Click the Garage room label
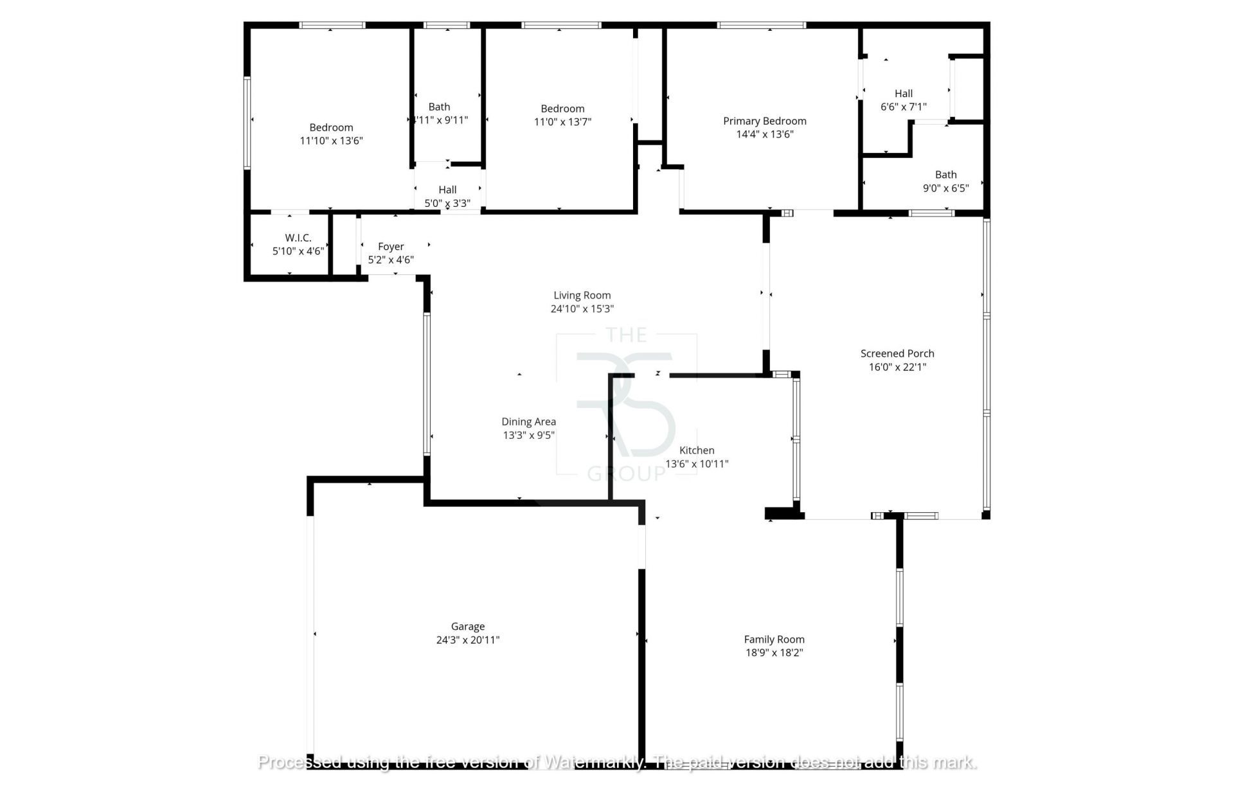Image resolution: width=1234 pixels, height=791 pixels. pos(467,627)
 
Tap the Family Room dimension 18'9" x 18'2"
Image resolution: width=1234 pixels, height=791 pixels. pos(774,653)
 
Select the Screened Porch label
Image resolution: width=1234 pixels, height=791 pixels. pos(897,353)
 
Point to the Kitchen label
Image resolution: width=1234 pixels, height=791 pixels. pos(697,450)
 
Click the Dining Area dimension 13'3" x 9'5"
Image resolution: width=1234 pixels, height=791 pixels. pos(528,435)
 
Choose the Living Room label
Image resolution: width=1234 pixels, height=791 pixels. pos(582,296)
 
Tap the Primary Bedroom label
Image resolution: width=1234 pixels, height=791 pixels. pos(764,121)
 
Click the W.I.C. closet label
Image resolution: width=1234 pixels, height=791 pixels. pos(298,238)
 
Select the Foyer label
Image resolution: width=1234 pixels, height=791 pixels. pos(391,247)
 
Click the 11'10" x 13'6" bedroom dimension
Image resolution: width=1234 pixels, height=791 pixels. pos(331,141)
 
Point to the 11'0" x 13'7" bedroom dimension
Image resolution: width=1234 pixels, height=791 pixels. pos(562,122)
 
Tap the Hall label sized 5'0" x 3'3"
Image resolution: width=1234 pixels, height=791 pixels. pos(447,190)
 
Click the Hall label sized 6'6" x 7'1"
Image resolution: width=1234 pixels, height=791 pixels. pos(903,94)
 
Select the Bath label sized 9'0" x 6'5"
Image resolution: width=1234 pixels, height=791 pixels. pos(945,175)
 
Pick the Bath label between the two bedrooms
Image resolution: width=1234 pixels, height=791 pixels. pos(439,107)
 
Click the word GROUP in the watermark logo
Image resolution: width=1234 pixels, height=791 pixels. pos(626,475)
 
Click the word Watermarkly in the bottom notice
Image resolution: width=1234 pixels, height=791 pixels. pos(593,763)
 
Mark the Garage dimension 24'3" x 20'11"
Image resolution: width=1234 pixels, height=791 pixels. pos(467,640)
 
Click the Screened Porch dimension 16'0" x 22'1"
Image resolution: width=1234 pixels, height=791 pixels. pos(897,367)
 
